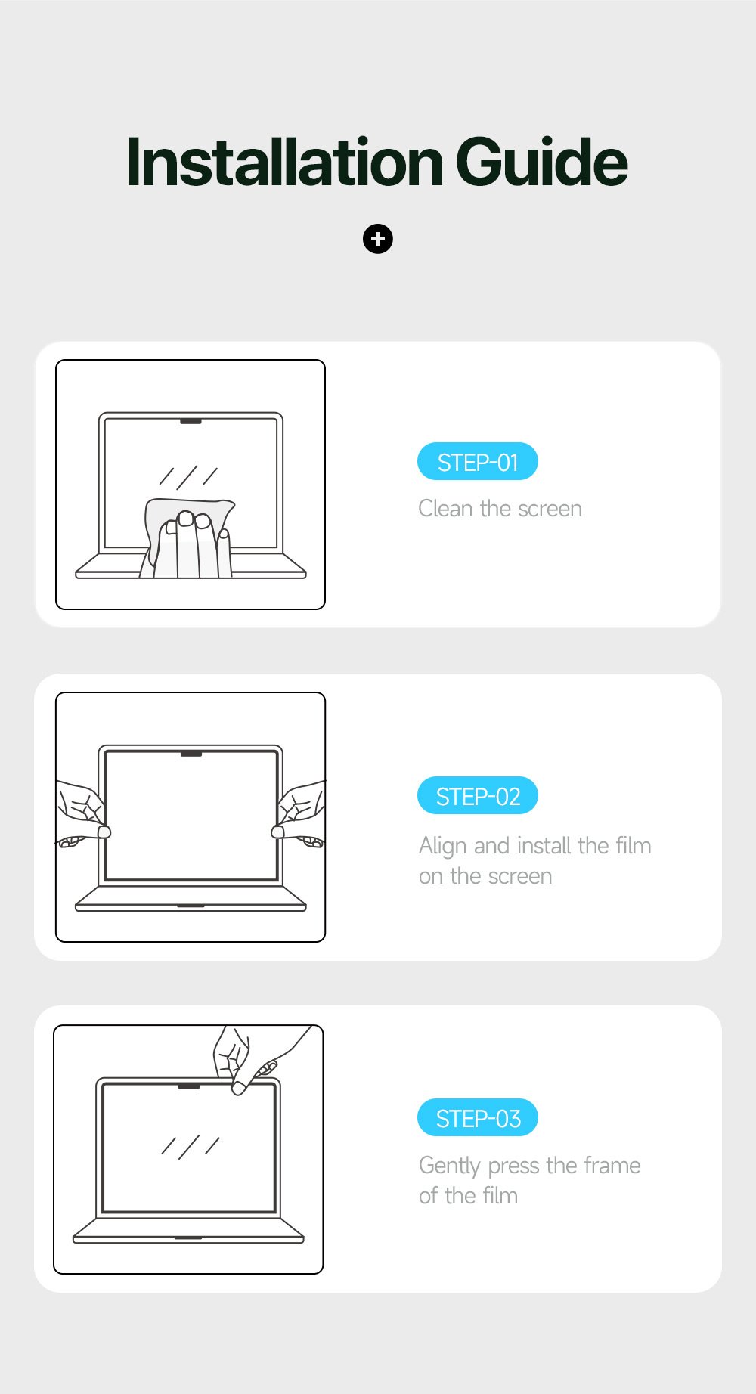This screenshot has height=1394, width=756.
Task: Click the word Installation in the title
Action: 284,163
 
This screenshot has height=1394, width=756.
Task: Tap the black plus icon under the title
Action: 378,239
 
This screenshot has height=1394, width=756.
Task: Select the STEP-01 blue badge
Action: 478,462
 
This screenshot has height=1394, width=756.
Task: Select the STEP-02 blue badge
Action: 478,796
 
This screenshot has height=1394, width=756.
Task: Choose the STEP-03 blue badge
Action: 478,1118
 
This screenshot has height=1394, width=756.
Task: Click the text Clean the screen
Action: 500,509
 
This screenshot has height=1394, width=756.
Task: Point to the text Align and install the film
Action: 534,845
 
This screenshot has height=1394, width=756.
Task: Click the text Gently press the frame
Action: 529,1166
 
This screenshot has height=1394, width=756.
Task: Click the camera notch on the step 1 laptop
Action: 191,420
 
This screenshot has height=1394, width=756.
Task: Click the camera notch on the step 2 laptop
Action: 191,754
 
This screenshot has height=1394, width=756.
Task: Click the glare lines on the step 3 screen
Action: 190,1146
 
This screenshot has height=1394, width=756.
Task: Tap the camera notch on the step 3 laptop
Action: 188,1086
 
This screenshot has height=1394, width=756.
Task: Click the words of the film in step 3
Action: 468,1196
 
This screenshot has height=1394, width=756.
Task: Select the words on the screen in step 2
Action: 485,876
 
